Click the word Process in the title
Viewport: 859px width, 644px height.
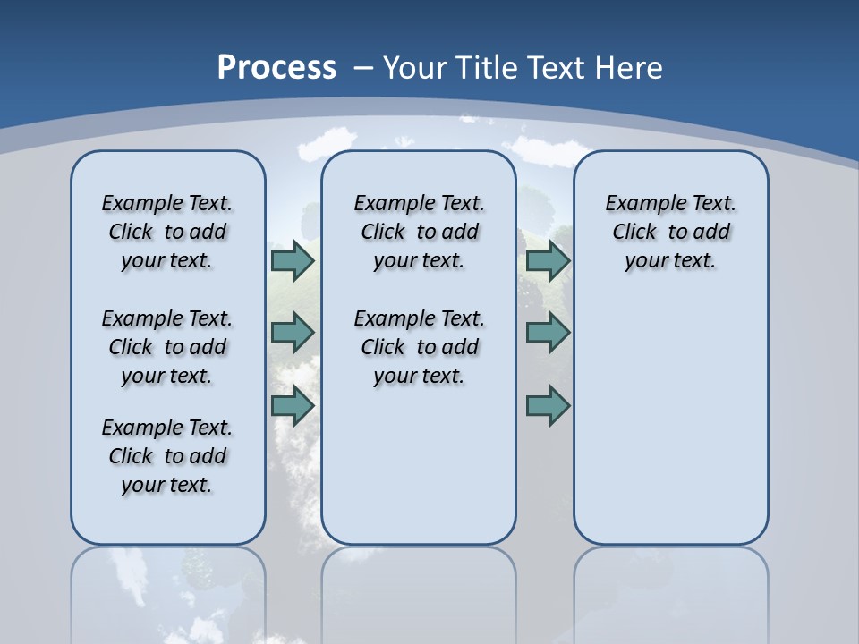[276, 68]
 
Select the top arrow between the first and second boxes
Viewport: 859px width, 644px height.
[293, 261]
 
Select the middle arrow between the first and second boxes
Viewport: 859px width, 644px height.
[293, 333]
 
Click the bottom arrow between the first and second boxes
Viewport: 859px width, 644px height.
[293, 405]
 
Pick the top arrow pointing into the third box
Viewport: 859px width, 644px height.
[548, 261]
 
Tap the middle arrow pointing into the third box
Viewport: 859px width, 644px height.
[548, 333]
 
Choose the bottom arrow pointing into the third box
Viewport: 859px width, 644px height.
[548, 405]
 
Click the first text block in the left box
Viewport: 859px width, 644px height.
[167, 232]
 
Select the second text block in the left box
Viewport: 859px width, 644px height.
[167, 347]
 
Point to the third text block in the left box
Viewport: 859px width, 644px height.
[167, 456]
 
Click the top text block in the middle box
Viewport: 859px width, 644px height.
[419, 232]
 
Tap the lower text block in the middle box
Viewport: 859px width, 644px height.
[419, 347]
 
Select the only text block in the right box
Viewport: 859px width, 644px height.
[670, 232]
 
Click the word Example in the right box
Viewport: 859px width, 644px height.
[636, 204]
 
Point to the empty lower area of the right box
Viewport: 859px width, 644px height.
[670, 420]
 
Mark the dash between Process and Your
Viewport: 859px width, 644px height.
[364, 68]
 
